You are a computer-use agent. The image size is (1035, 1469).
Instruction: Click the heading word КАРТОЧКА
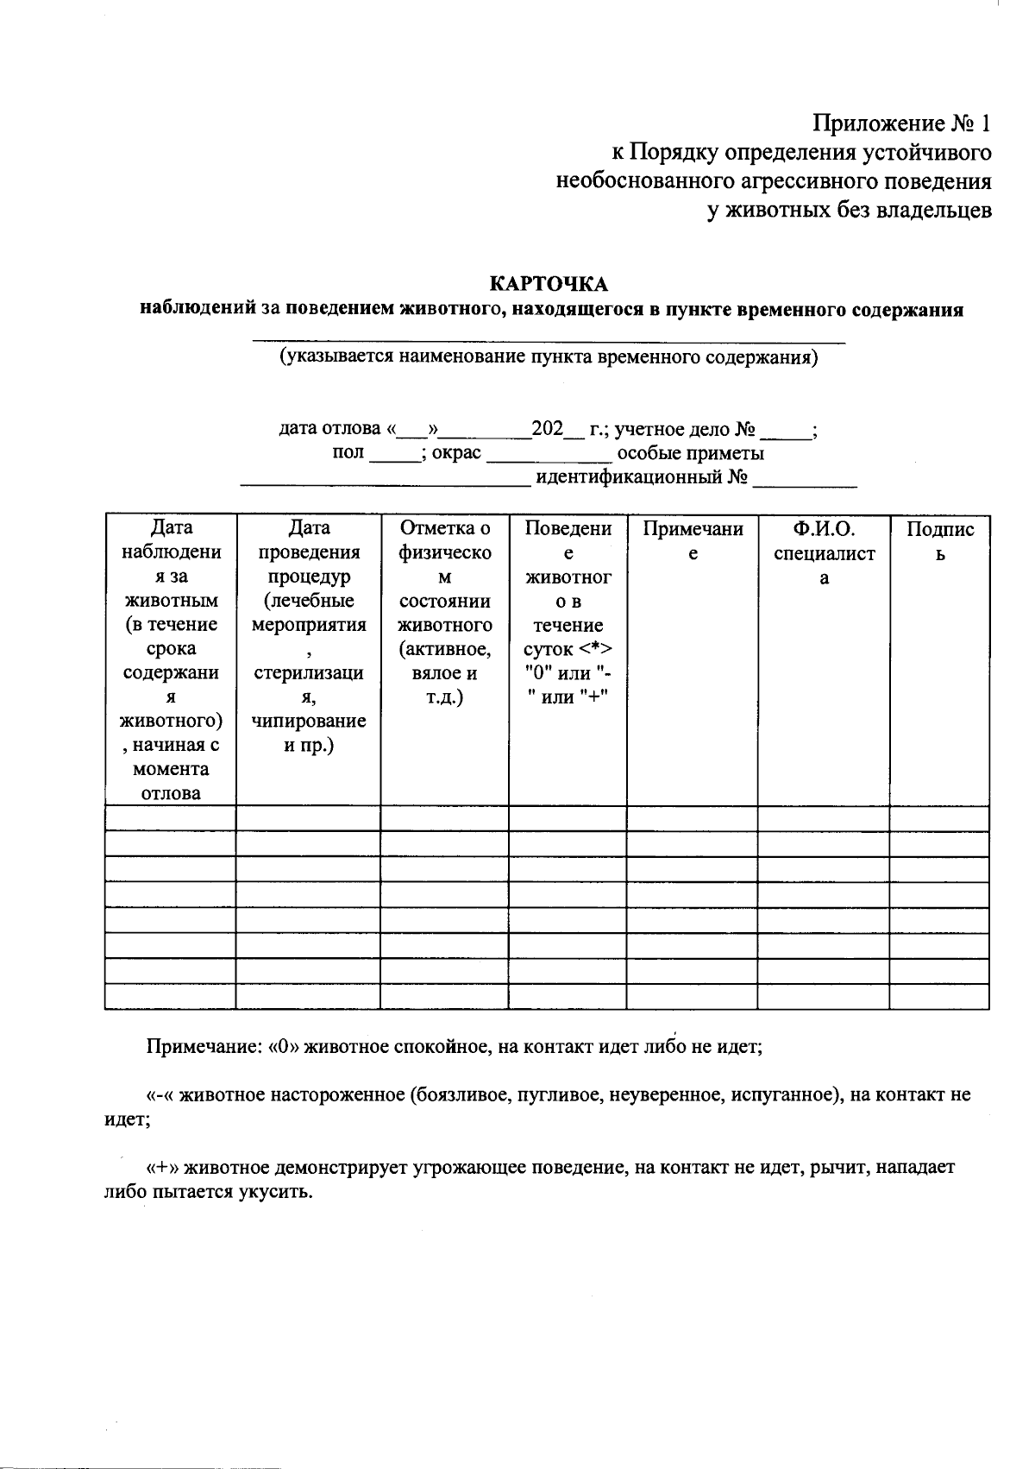549,284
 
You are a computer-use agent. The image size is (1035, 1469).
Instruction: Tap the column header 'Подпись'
940,541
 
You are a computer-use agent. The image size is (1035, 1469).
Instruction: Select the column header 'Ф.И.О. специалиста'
824,553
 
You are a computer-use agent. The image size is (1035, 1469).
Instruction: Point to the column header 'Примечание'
693,541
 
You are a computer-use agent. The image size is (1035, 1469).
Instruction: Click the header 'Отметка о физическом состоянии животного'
445,612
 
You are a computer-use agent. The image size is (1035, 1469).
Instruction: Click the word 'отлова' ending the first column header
171,793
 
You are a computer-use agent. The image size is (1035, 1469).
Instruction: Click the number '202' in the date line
547,429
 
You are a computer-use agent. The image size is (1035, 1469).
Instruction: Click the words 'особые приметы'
691,454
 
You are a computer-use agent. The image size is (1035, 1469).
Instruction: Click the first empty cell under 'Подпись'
938,818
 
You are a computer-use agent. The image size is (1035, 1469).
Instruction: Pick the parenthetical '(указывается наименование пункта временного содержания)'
548,357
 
